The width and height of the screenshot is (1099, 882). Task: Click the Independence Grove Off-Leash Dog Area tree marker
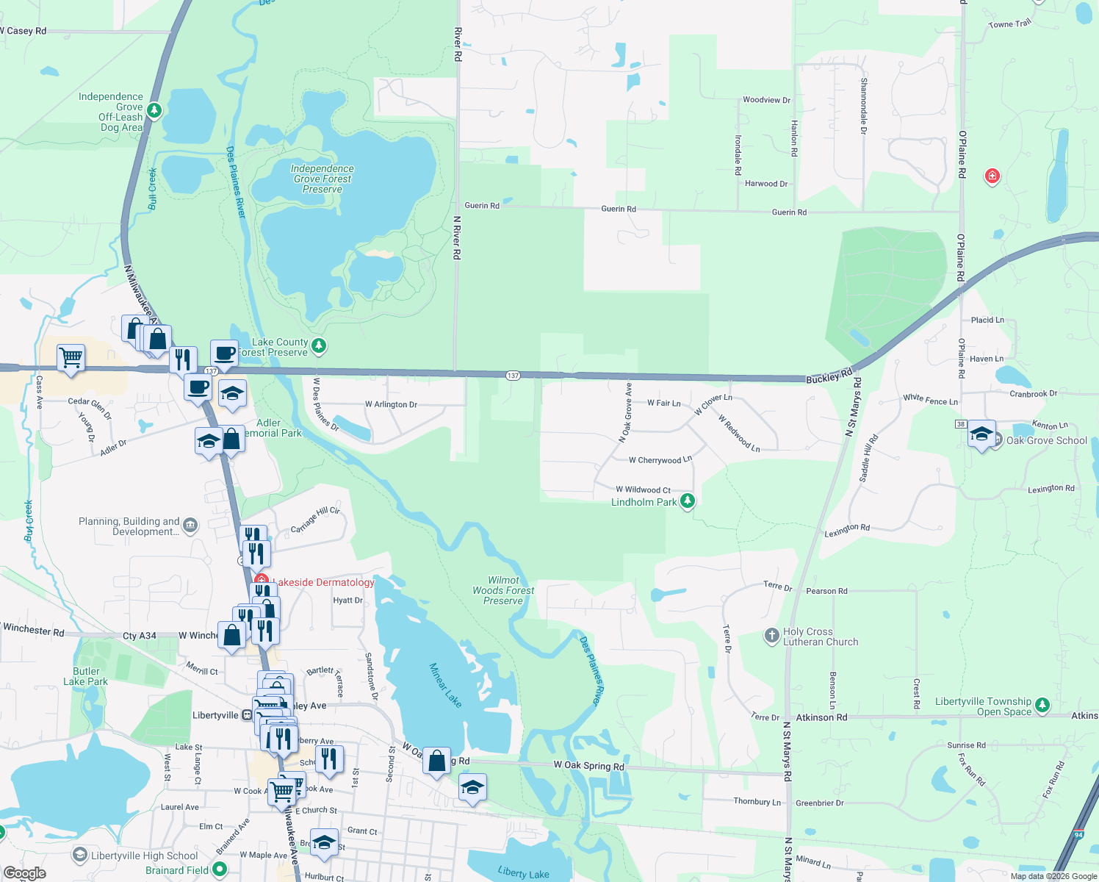pyautogui.click(x=154, y=110)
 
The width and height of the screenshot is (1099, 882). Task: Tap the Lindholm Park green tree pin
pyautogui.click(x=687, y=501)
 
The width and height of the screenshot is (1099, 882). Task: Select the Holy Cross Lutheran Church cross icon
pyautogui.click(x=771, y=636)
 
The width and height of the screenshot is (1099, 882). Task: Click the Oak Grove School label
pyautogui.click(x=1046, y=440)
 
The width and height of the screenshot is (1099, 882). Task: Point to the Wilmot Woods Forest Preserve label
pyautogui.click(x=503, y=590)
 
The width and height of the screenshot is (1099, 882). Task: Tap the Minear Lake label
pyautogui.click(x=445, y=685)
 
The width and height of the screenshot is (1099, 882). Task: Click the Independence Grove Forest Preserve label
pyautogui.click(x=323, y=179)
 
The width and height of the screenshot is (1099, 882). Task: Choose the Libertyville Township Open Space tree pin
pyautogui.click(x=1042, y=706)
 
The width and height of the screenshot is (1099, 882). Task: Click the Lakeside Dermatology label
pyautogui.click(x=323, y=582)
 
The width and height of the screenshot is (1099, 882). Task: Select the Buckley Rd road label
pyautogui.click(x=829, y=376)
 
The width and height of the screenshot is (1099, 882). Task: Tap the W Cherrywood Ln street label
pyautogui.click(x=660, y=460)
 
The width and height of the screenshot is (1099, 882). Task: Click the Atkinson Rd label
pyautogui.click(x=821, y=717)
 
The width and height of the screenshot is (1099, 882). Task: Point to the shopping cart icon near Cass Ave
pyautogui.click(x=71, y=359)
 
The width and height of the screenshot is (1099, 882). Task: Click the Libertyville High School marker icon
pyautogui.click(x=79, y=855)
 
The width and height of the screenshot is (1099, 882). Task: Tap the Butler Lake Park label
pyautogui.click(x=86, y=676)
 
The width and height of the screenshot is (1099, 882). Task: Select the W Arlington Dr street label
pyautogui.click(x=391, y=404)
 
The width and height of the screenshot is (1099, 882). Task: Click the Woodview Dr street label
pyautogui.click(x=766, y=100)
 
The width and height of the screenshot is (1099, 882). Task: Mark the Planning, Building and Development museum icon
pyautogui.click(x=190, y=525)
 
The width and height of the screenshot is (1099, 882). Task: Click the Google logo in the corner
pyautogui.click(x=24, y=873)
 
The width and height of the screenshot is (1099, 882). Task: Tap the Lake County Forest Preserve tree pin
pyautogui.click(x=318, y=345)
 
